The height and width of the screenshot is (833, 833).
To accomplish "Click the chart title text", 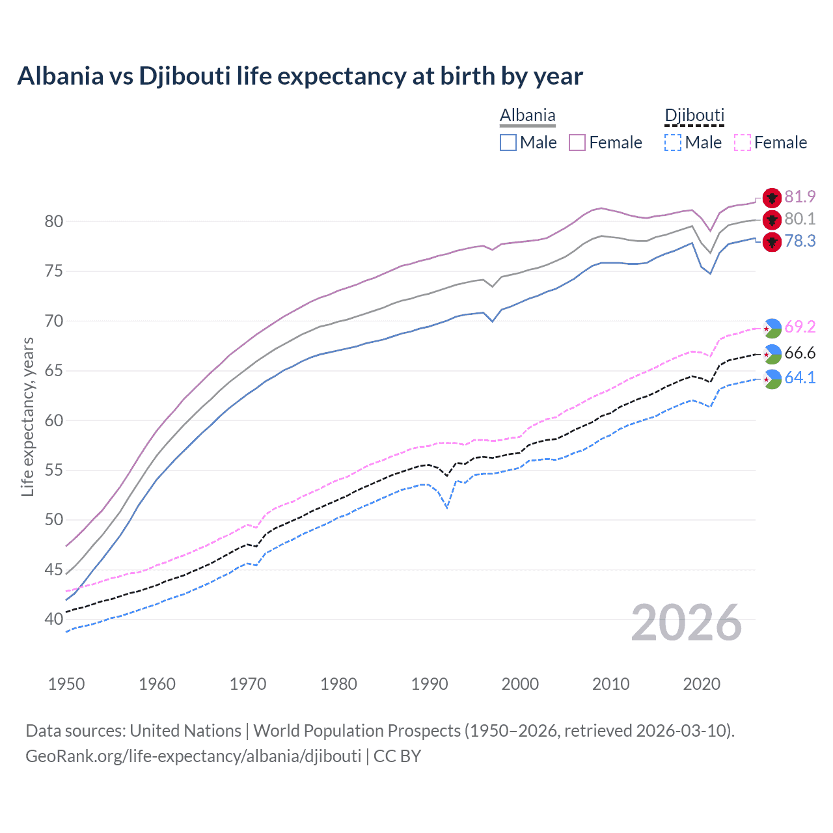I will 300,76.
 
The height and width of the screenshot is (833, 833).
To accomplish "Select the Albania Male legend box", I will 508,143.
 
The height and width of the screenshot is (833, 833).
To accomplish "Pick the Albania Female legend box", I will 577,143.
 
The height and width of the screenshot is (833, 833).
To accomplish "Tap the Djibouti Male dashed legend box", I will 673,143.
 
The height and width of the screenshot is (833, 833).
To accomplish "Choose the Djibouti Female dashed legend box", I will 743,143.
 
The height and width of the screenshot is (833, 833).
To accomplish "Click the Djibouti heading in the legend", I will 694,116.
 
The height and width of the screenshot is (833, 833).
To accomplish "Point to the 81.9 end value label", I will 800,197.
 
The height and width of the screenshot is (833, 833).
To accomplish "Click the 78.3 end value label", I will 800,241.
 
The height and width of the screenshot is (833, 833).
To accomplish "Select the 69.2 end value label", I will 800,327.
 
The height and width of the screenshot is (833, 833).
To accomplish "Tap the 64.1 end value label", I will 800,378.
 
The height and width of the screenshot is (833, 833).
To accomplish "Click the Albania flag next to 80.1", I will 772,220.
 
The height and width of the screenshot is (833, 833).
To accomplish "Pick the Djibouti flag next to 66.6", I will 772,354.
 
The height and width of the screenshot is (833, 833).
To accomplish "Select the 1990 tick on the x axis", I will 430,684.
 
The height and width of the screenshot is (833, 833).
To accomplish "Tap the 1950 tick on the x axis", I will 66,684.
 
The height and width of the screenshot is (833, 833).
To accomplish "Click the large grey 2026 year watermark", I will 686,623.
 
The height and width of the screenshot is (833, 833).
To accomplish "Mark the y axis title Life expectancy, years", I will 27,417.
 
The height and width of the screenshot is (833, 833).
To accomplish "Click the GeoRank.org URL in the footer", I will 193,756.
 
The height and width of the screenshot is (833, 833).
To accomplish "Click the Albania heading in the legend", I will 527,116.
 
